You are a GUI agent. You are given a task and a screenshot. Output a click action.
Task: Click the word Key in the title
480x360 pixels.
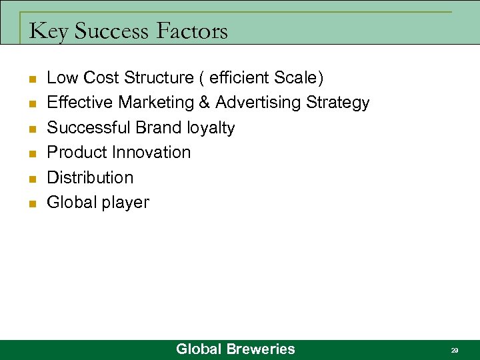pos(49,31)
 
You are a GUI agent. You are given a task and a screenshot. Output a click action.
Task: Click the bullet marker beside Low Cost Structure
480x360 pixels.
pos(32,79)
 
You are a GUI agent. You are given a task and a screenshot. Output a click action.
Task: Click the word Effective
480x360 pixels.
pos(80,103)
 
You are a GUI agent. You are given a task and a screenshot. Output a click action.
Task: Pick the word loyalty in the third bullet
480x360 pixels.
pos(211,128)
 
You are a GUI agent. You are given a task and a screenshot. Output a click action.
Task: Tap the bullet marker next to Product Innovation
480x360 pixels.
pos(32,154)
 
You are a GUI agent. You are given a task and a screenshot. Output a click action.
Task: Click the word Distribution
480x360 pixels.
pos(90,177)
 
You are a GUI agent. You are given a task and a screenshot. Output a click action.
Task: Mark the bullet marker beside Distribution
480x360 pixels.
pos(32,179)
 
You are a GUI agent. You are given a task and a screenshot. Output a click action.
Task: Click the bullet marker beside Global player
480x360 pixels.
pos(32,204)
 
